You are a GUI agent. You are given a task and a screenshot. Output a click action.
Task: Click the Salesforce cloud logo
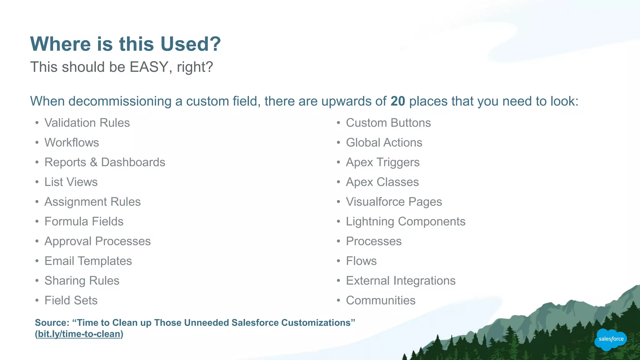coord(610,339)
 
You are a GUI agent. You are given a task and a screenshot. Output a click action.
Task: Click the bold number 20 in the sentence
coord(397,101)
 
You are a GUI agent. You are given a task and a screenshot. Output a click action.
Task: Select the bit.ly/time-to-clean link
coord(79,334)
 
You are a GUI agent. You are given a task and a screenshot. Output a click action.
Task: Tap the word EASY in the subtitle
coord(149,67)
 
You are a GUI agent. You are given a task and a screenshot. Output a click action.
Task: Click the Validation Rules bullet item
coord(87,123)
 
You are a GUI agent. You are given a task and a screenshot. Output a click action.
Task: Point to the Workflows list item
coord(72,142)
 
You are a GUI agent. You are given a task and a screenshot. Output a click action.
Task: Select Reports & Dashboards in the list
coord(105,162)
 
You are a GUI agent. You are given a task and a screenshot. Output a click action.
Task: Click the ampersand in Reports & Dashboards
coord(93,162)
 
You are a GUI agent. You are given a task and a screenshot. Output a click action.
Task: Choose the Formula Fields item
coord(84,222)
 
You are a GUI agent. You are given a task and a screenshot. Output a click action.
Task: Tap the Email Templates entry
coord(88,261)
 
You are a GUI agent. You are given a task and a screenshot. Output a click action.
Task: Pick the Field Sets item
coord(71,300)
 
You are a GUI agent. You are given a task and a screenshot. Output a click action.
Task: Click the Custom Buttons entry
coord(388,123)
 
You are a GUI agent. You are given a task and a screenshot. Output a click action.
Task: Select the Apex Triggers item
coord(382,162)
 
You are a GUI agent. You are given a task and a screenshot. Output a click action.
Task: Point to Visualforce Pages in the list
coord(394,202)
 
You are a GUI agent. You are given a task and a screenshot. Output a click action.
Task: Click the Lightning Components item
coord(405,222)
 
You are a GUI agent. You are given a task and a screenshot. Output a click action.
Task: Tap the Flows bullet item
coord(361,261)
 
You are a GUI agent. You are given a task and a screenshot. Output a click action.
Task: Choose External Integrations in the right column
coord(401,281)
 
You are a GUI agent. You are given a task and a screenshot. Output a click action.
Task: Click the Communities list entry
coord(381,300)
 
